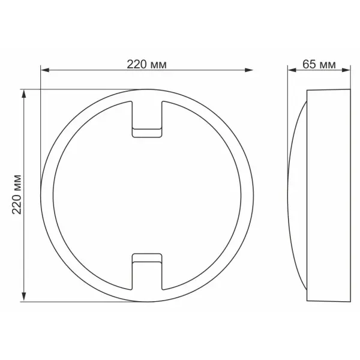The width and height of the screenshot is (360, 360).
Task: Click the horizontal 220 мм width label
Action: pos(146,64)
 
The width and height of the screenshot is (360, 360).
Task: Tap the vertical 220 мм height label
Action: pos(17,194)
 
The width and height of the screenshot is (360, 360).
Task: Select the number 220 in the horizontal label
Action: pos(137,64)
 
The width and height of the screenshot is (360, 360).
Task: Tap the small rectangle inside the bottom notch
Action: pos(146,259)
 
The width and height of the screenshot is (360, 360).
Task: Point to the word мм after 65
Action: pos(326,64)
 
